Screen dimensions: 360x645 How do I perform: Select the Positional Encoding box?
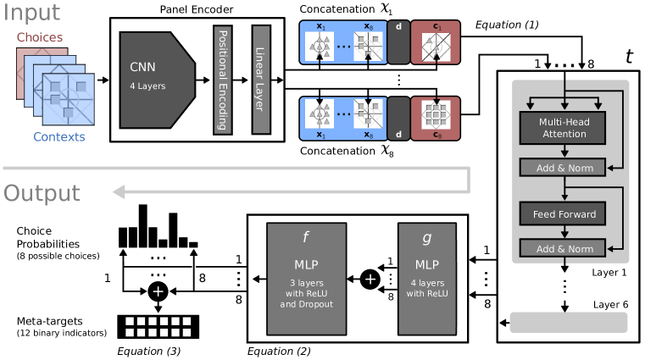223,80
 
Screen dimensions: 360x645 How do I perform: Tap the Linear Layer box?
261,80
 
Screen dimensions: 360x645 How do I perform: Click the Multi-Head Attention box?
563,129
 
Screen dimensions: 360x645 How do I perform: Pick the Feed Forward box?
563,214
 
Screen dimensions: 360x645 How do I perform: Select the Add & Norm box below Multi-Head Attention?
563,168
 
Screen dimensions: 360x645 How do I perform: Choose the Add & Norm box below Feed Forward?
563,249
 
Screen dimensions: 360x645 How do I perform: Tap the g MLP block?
426,278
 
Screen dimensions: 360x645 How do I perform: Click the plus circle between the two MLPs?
369,278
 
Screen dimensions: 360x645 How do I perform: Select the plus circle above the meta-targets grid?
158,291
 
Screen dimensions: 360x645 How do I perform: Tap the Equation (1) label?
507,25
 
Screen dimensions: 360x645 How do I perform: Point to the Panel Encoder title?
197,8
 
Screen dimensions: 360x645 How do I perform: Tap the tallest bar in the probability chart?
143,225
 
